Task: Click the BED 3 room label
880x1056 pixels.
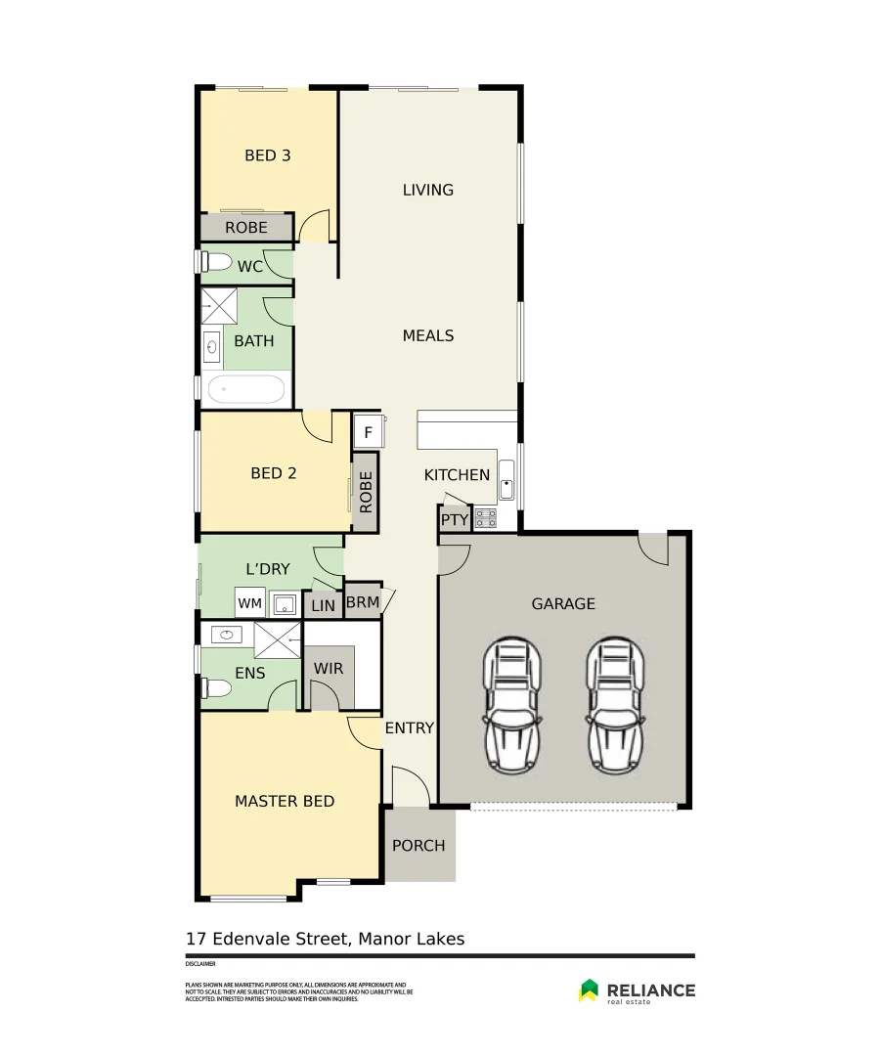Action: (x=267, y=155)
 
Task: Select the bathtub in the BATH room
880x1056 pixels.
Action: (x=245, y=389)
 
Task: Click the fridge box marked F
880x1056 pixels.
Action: (x=368, y=431)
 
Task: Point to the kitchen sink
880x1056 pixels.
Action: (x=507, y=484)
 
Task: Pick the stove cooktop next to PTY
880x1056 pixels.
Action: (x=485, y=518)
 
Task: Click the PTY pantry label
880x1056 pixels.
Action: (x=455, y=520)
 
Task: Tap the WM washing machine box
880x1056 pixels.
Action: (x=249, y=603)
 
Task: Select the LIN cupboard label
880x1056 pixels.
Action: (x=323, y=606)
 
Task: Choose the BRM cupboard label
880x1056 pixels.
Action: (x=363, y=602)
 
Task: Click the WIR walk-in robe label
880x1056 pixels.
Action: (x=328, y=669)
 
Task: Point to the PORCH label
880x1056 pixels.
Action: (x=418, y=846)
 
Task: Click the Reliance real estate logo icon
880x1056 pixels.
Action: (x=589, y=990)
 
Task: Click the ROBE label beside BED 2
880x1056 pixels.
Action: (x=366, y=493)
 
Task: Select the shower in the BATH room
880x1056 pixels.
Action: (x=220, y=305)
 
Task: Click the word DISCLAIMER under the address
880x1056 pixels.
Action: (x=199, y=964)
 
